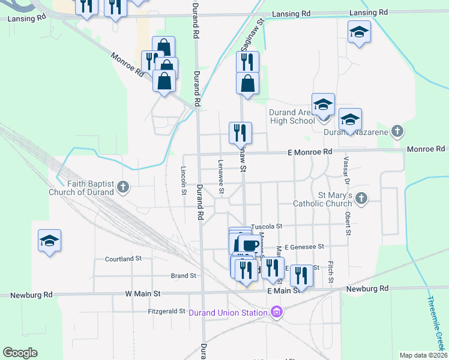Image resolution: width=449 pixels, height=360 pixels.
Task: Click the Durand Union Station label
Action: point(228,312)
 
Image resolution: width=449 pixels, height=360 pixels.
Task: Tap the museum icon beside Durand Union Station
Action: point(276,312)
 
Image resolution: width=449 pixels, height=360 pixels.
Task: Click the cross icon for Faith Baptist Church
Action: point(124,188)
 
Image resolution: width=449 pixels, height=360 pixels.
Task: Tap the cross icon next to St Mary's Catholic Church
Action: point(361,197)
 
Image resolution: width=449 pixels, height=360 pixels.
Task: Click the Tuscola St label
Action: point(267,226)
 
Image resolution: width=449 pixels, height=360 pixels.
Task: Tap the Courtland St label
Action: point(122,259)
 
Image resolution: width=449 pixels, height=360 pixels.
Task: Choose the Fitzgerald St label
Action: point(167,311)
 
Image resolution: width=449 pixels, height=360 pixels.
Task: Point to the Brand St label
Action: point(184,276)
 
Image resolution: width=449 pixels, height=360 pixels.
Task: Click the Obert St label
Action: point(348,213)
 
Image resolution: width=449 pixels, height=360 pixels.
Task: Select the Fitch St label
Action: point(330,271)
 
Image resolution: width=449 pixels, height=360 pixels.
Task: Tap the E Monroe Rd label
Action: point(309,152)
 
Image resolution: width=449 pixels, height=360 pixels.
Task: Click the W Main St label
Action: point(143,294)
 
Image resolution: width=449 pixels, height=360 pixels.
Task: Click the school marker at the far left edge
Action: point(49,241)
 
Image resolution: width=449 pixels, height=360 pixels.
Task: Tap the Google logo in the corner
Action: point(20,353)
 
